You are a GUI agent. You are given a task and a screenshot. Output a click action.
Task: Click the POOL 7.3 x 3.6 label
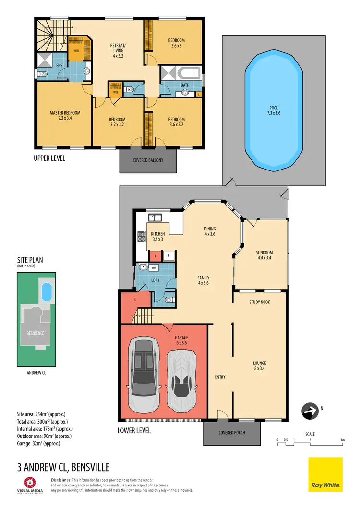coord(274,111)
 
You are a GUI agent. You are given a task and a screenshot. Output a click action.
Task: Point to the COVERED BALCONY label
coord(148,160)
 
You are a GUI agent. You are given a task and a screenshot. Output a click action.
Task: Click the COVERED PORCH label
coord(232,432)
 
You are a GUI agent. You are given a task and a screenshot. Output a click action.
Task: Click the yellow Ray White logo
coord(325,474)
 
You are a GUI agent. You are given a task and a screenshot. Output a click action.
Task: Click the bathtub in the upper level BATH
coord(188,73)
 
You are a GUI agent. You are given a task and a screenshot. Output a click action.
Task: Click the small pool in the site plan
coord(46,291)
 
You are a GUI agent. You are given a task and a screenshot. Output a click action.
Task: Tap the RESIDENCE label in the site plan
coord(35,333)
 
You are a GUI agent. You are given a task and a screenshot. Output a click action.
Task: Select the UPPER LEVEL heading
coord(49,158)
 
